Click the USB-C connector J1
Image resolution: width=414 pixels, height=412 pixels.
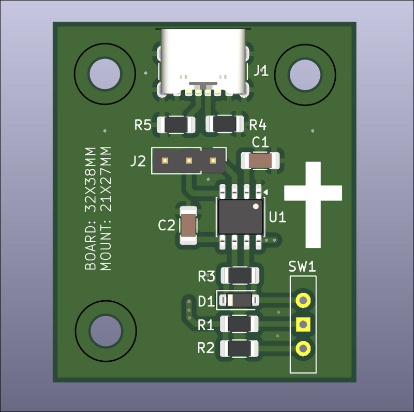[203, 62]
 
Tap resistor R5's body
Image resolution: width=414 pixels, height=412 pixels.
[176, 124]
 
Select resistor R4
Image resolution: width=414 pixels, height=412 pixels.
[225, 124]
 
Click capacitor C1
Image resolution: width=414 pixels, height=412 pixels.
[260, 160]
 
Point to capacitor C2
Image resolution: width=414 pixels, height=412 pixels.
[188, 225]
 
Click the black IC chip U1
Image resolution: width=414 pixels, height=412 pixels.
[241, 217]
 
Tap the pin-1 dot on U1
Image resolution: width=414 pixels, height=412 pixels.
[256, 207]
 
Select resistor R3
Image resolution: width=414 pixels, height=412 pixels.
[240, 276]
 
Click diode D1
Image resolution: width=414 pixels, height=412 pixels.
[239, 300]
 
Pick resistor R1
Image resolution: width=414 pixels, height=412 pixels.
[239, 324]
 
